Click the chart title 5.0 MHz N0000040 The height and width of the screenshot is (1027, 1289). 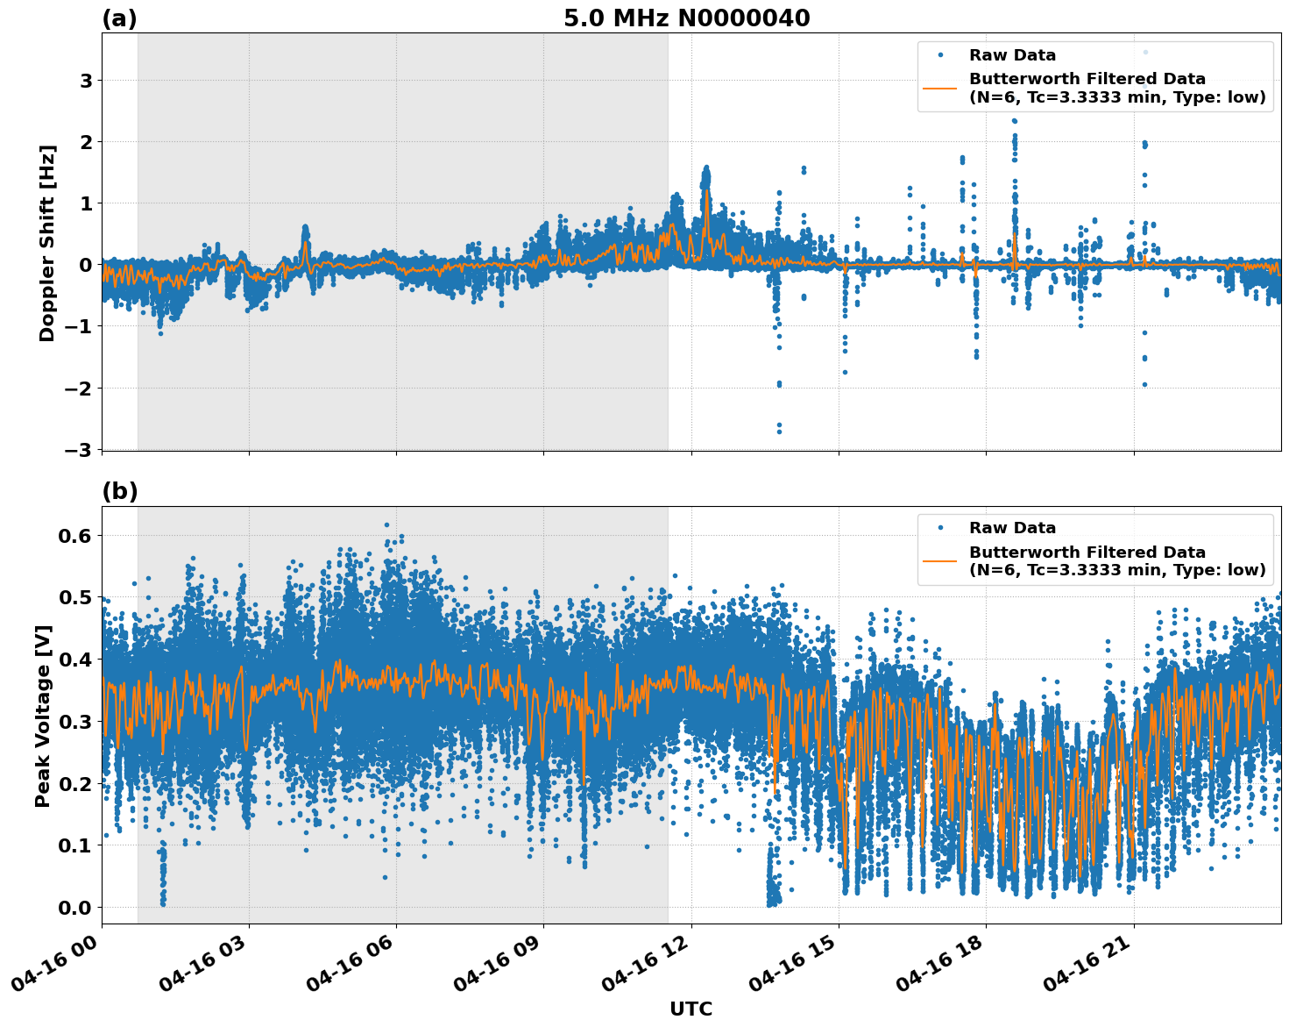(x=686, y=18)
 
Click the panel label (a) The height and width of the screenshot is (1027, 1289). (x=119, y=18)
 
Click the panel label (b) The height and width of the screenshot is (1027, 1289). (x=120, y=491)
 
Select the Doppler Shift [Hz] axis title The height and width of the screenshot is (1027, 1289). (x=47, y=243)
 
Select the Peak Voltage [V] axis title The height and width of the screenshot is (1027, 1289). (x=43, y=716)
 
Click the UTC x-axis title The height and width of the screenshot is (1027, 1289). (x=691, y=1009)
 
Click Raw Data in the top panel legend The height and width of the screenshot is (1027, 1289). (x=1012, y=55)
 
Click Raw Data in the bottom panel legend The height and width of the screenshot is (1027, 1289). (x=1012, y=528)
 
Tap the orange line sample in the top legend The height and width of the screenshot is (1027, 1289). (x=940, y=88)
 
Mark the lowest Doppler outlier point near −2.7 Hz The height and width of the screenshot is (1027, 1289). (x=779, y=431)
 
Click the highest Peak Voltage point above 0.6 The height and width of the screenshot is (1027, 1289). (x=386, y=524)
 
